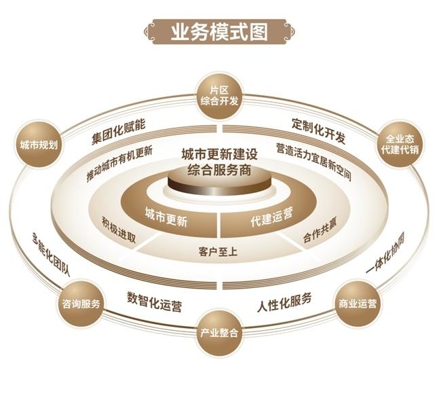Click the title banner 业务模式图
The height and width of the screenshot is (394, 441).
click(x=219, y=31)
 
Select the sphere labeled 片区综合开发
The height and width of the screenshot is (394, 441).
click(x=219, y=96)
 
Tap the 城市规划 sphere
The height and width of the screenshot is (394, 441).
click(x=39, y=145)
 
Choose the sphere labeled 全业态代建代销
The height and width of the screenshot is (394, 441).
click(x=400, y=144)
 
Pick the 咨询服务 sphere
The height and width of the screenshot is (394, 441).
click(x=81, y=304)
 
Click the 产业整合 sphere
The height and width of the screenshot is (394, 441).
click(x=219, y=333)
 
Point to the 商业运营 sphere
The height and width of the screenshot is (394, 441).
click(x=357, y=304)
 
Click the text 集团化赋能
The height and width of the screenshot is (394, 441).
click(x=119, y=132)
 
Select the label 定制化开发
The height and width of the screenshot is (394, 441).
click(x=318, y=131)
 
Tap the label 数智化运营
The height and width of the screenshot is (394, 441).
click(x=154, y=302)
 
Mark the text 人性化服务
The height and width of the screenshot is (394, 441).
click(x=284, y=302)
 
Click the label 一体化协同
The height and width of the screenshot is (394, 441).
click(x=386, y=252)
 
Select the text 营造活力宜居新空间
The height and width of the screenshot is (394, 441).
click(x=313, y=161)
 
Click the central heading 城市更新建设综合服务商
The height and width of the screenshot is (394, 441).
click(x=219, y=162)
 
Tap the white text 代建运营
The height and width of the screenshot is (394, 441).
click(x=271, y=216)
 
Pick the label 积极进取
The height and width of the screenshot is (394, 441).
click(x=119, y=230)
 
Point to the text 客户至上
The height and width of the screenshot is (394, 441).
click(x=218, y=251)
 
